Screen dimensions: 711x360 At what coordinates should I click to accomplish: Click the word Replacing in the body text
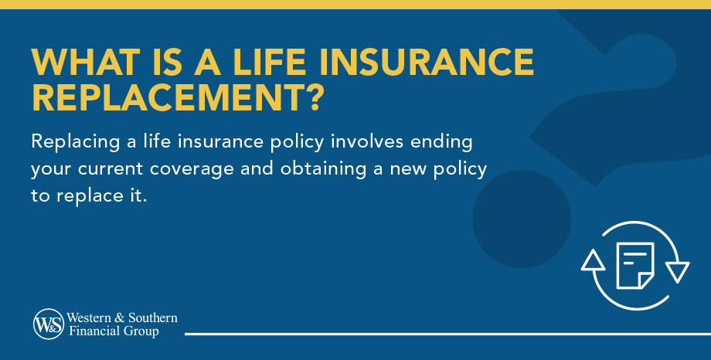75,142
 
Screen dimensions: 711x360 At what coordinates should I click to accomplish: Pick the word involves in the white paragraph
367,141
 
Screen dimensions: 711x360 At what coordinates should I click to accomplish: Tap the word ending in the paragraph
441,142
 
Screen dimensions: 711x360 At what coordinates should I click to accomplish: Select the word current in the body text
111,169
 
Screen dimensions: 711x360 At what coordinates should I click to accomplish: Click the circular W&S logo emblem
49,324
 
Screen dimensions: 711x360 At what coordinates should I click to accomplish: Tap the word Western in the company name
89,318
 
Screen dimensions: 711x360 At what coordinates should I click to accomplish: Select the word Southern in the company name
152,318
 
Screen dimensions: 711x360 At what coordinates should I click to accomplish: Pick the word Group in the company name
141,332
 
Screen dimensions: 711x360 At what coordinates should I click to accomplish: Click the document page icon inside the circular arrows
634,266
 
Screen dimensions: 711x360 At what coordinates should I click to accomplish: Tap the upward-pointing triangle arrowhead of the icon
593,261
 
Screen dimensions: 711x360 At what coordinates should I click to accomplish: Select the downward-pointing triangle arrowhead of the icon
678,272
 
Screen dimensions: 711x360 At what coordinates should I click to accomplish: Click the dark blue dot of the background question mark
522,219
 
